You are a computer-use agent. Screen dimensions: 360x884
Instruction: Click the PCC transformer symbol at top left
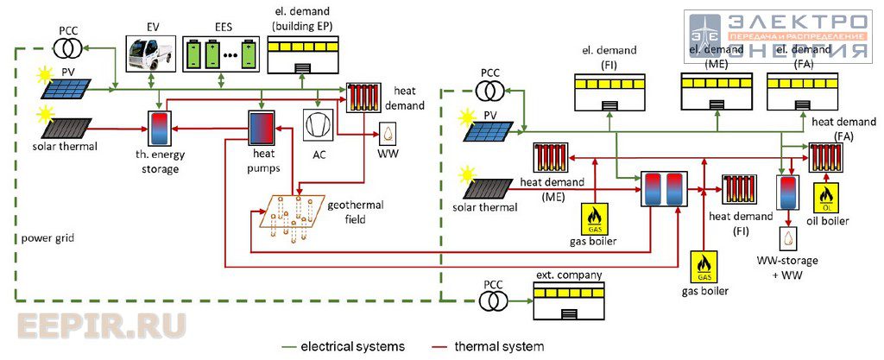coord(67,51)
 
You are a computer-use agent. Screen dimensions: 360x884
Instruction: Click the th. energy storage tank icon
coord(161,128)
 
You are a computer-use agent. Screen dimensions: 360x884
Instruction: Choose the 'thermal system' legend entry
coord(487,346)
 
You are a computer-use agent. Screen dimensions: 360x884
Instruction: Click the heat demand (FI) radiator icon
coord(739,189)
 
